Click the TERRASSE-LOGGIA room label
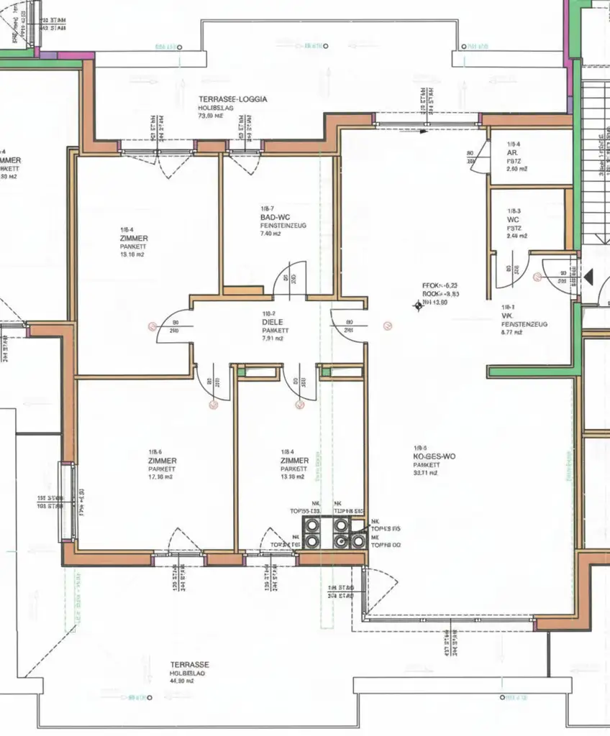tap(232, 100)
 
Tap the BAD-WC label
tap(274, 216)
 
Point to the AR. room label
tap(513, 152)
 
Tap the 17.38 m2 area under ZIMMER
tap(161, 477)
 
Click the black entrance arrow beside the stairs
tap(589, 275)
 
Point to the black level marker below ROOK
tap(416, 307)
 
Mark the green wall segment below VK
tap(532, 372)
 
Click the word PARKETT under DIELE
tap(276, 331)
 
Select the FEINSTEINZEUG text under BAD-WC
tap(283, 225)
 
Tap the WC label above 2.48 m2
tap(513, 219)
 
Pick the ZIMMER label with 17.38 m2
tap(163, 460)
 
